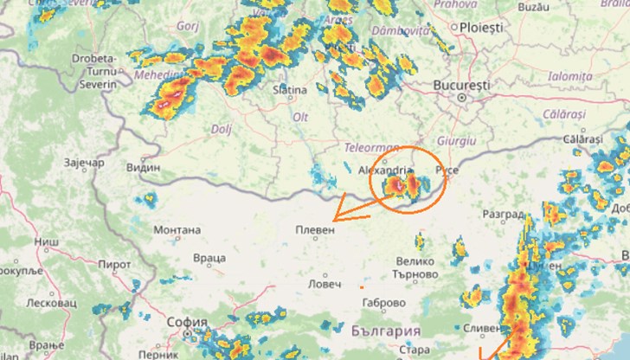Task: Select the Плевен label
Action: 313,232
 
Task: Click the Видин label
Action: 143,168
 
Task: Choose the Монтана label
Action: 177,230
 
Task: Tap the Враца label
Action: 209,258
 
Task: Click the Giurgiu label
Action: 457,140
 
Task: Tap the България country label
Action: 387,331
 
